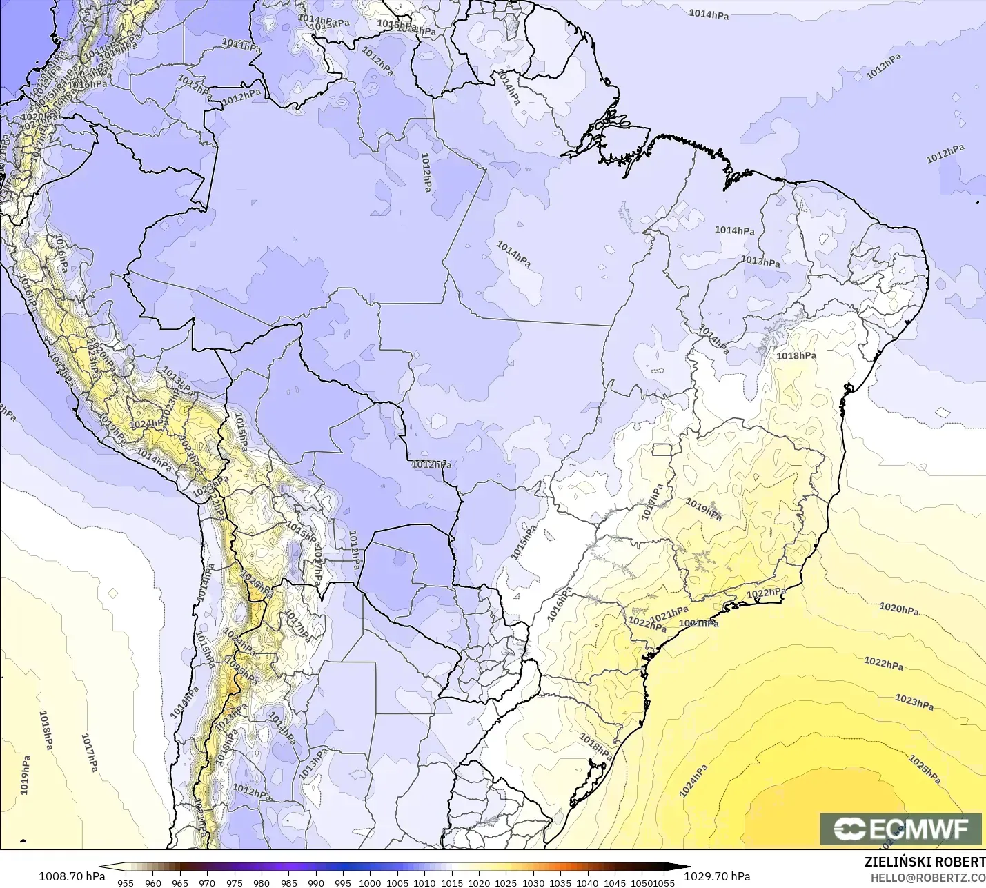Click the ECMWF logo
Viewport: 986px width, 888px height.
coord(900,829)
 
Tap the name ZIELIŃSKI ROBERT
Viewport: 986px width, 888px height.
coord(925,862)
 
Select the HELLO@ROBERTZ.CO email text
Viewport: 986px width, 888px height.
coord(927,878)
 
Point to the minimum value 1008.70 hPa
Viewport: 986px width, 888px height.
coord(72,876)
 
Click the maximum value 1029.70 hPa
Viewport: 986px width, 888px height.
coord(717,876)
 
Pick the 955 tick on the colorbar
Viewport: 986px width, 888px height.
coord(126,882)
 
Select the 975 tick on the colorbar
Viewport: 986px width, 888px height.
coord(234,882)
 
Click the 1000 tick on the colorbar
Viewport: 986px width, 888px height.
coord(370,882)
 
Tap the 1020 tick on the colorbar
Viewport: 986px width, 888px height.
coord(479,882)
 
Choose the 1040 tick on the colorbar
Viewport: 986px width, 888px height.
coord(587,882)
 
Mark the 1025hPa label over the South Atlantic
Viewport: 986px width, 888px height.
coord(925,769)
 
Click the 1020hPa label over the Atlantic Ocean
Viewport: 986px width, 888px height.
coord(899,609)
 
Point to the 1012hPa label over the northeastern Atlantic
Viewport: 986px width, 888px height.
coord(945,154)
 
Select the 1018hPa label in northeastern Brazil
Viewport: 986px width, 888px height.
coord(796,356)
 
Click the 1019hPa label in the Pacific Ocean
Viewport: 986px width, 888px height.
coord(25,774)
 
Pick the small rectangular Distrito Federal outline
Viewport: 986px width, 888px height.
coord(662,450)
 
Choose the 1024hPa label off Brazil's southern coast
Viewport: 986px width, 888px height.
coord(693,781)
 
